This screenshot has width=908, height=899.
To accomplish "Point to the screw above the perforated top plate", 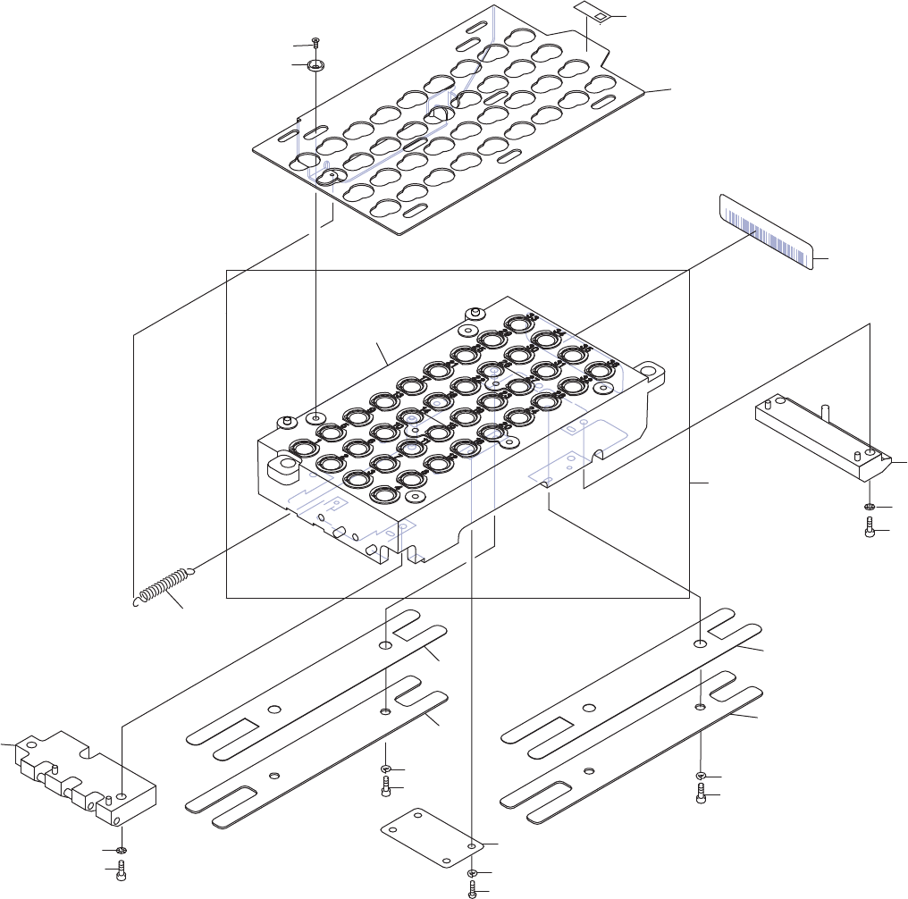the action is point(315,44).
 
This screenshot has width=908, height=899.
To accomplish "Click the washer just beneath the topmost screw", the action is point(315,65).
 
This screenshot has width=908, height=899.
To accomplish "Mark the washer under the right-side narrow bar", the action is point(870,508).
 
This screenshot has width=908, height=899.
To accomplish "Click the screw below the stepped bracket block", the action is point(121,874).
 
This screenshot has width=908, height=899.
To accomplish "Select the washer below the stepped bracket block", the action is point(120,850).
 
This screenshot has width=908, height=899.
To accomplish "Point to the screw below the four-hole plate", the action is point(471,888).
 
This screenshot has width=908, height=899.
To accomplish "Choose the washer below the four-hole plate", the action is point(471,873).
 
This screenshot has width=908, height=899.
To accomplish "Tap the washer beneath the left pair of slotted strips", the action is point(385,769).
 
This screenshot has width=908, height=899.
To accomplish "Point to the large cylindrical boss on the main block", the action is point(287,466).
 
